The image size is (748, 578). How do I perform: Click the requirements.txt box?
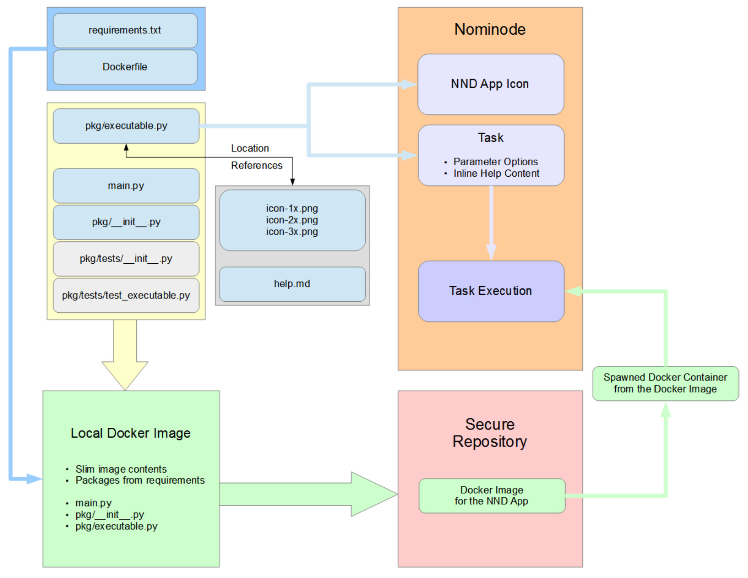[x=125, y=31]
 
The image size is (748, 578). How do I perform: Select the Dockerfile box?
[x=125, y=67]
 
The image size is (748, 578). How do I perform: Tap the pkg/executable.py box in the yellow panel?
[x=126, y=126]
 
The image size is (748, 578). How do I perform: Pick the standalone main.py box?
[x=126, y=186]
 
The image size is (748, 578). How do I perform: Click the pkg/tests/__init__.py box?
[x=126, y=259]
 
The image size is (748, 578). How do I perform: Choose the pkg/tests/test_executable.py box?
[x=126, y=296]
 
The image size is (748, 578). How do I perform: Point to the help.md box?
[x=292, y=284]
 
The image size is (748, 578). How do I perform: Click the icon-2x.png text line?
[x=292, y=220]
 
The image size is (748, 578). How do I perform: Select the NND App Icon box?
[x=490, y=84]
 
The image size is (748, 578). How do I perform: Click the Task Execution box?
[x=491, y=291]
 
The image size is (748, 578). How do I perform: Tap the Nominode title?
[x=490, y=29]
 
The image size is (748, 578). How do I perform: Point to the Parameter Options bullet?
[x=495, y=162]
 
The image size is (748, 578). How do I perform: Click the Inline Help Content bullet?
[x=496, y=173]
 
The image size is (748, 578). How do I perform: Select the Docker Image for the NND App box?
[x=492, y=496]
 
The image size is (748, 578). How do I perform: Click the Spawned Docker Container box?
[x=666, y=383]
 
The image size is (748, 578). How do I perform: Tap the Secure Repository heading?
[x=490, y=433]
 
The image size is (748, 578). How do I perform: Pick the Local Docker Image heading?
[x=131, y=433]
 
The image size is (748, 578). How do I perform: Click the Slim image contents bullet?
[x=121, y=469]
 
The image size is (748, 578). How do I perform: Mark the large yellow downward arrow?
[x=125, y=359]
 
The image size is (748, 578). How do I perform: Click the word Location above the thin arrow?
[x=250, y=148]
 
